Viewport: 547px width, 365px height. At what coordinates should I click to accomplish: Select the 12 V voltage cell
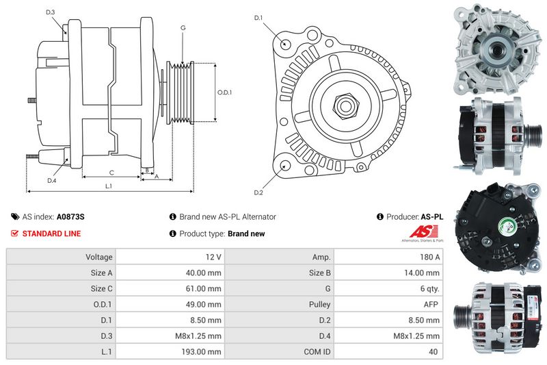pyautogui.click(x=213, y=257)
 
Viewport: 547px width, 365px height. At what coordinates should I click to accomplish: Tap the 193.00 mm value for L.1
pyautogui.click(x=205, y=351)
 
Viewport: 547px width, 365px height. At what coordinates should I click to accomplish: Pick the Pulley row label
pyautogui.click(x=319, y=304)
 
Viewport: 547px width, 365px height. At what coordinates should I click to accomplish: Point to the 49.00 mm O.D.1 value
pyautogui.click(x=206, y=304)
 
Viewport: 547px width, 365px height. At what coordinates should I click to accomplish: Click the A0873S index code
pyautogui.click(x=71, y=216)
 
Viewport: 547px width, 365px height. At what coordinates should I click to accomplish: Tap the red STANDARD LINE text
pyautogui.click(x=51, y=234)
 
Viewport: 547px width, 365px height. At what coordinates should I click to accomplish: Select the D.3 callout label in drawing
pyautogui.click(x=51, y=13)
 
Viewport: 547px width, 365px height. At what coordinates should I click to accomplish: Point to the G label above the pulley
pyautogui.click(x=183, y=27)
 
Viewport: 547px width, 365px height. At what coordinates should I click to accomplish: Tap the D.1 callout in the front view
pyautogui.click(x=258, y=18)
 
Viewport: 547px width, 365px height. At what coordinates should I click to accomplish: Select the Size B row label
pyautogui.click(x=320, y=273)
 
